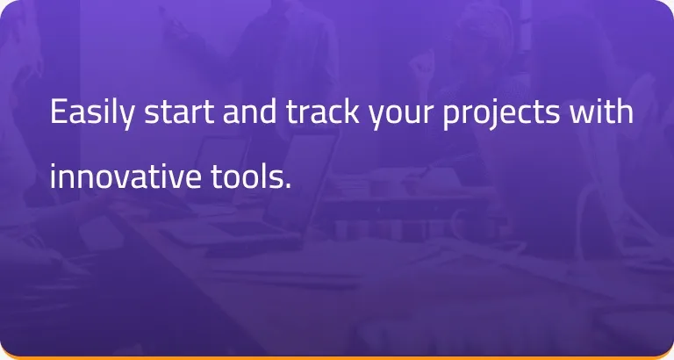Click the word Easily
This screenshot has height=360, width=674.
91,113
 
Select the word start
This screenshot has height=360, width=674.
179,112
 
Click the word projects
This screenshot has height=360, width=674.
502,113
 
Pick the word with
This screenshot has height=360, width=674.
601,111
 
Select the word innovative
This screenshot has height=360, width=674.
125,176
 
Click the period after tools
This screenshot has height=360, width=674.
288,186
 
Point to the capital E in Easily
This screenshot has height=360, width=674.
59,112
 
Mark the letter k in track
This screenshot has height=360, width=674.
351,111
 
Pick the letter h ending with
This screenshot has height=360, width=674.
625,111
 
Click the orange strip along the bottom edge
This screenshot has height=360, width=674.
337,358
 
